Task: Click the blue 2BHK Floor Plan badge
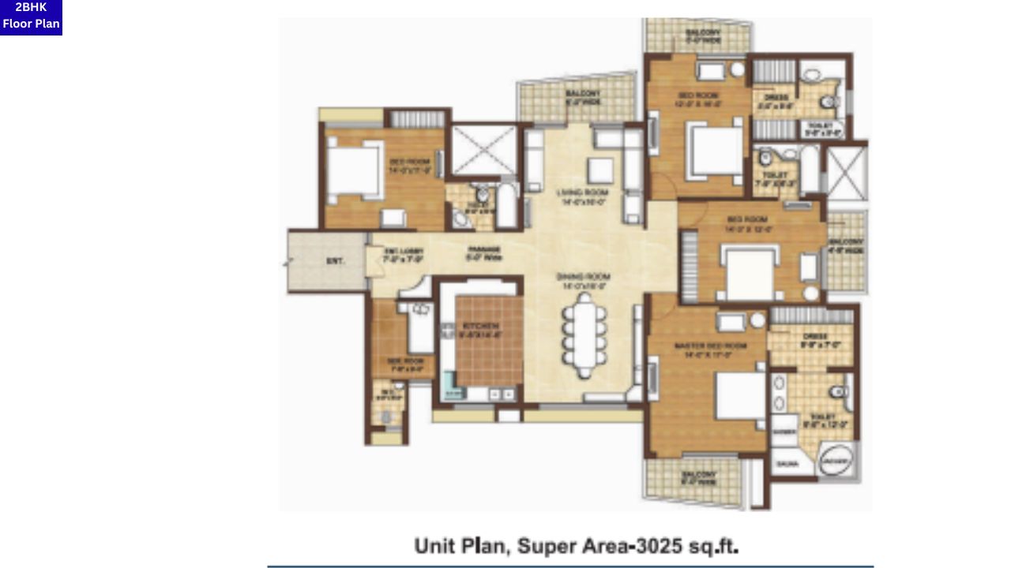click(x=31, y=17)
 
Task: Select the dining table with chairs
click(x=584, y=334)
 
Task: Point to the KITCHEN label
click(x=481, y=327)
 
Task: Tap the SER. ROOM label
click(x=400, y=363)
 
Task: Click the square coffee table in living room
click(x=601, y=170)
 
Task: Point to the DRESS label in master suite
click(x=814, y=338)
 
